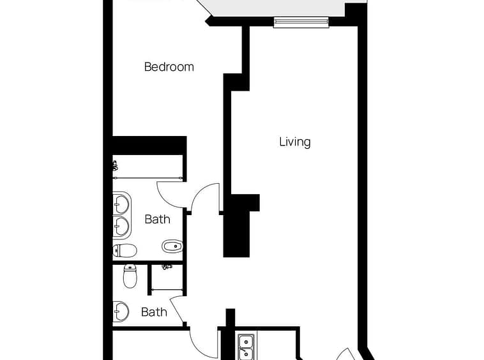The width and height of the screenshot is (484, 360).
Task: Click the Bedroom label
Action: [x=169, y=67]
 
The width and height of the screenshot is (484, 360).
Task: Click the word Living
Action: [x=295, y=142]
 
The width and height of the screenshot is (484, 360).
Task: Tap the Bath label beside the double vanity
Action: [x=158, y=220]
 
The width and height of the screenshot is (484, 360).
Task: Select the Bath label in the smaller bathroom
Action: [x=154, y=312]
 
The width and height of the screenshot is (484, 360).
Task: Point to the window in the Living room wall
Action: [x=301, y=21]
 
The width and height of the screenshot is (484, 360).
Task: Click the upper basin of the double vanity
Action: [x=121, y=204]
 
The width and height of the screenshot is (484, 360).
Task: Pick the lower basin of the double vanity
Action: [x=121, y=226]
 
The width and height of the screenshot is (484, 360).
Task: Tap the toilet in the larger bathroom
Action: [x=125, y=250]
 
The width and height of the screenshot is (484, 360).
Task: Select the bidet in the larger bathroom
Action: [x=172, y=246]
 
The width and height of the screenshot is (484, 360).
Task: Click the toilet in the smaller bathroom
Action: [x=130, y=276]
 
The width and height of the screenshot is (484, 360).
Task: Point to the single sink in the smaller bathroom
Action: [x=121, y=311]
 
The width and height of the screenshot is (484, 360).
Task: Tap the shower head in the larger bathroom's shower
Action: [x=115, y=166]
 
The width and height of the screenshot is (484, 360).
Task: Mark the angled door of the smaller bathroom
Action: [x=178, y=310]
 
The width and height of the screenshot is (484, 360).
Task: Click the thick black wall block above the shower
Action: [x=149, y=146]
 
